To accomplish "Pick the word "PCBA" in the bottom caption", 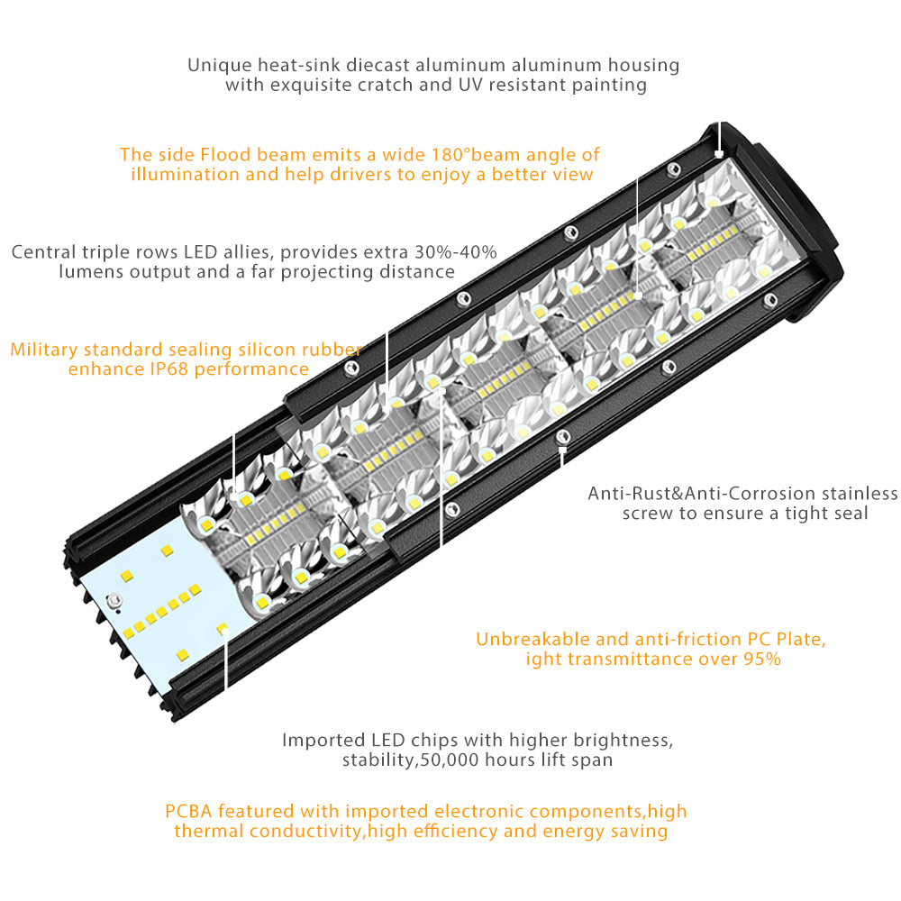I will click(187, 812).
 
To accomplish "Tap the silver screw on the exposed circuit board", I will click(114, 601).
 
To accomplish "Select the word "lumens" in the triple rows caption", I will click(89, 272).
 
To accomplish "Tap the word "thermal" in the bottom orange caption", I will click(208, 832).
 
